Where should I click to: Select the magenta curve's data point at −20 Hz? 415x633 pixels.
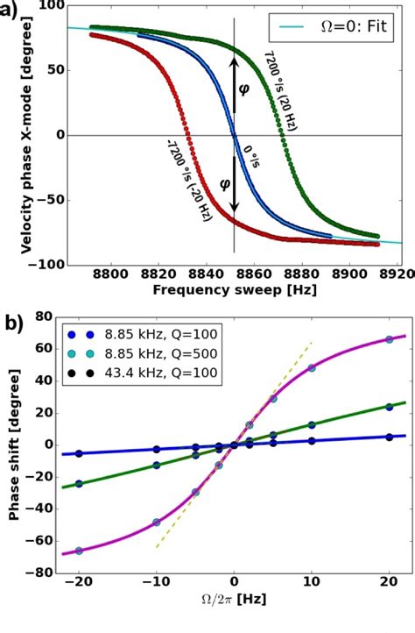pyautogui.click(x=80, y=551)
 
